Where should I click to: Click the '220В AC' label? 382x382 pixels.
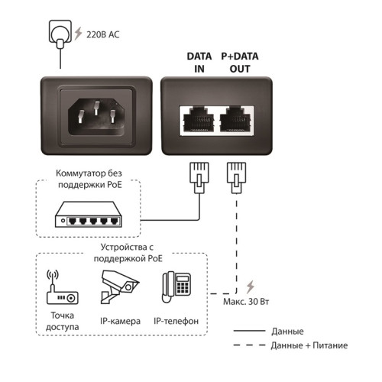pyautogui.click(x=102, y=34)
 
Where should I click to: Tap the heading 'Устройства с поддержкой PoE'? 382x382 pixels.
pyautogui.click(x=123, y=253)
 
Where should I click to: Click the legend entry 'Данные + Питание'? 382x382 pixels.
pyautogui.click(x=306, y=346)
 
